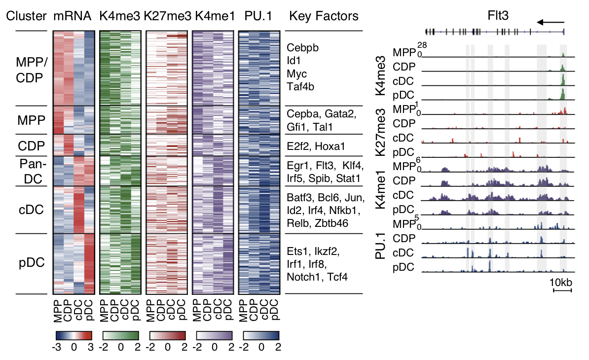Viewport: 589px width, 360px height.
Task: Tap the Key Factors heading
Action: click(324, 16)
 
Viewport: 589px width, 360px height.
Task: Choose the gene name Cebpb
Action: click(302, 48)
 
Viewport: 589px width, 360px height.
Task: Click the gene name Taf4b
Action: click(300, 87)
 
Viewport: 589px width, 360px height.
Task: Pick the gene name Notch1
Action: click(302, 277)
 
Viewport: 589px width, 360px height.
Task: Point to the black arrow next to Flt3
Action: click(551, 22)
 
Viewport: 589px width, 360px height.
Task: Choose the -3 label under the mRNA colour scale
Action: click(56, 347)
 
